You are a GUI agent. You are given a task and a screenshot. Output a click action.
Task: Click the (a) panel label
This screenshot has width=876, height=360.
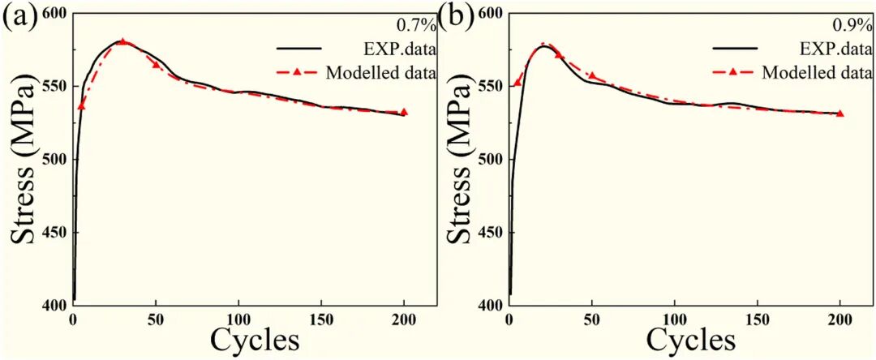(x=19, y=15)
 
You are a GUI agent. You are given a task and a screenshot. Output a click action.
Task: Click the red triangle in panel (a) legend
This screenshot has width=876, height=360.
(x=298, y=73)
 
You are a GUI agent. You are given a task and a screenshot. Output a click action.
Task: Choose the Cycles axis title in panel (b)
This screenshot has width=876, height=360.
(x=692, y=340)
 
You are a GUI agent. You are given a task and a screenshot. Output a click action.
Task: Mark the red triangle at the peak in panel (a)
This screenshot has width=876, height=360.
(x=122, y=41)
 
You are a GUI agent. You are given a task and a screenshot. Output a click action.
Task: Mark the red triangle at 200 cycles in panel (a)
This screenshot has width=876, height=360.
(x=404, y=112)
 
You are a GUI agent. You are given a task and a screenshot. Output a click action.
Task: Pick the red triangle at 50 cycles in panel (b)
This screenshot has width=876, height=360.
(x=592, y=76)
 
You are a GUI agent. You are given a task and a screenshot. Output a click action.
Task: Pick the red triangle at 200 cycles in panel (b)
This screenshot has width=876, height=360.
(x=840, y=114)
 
